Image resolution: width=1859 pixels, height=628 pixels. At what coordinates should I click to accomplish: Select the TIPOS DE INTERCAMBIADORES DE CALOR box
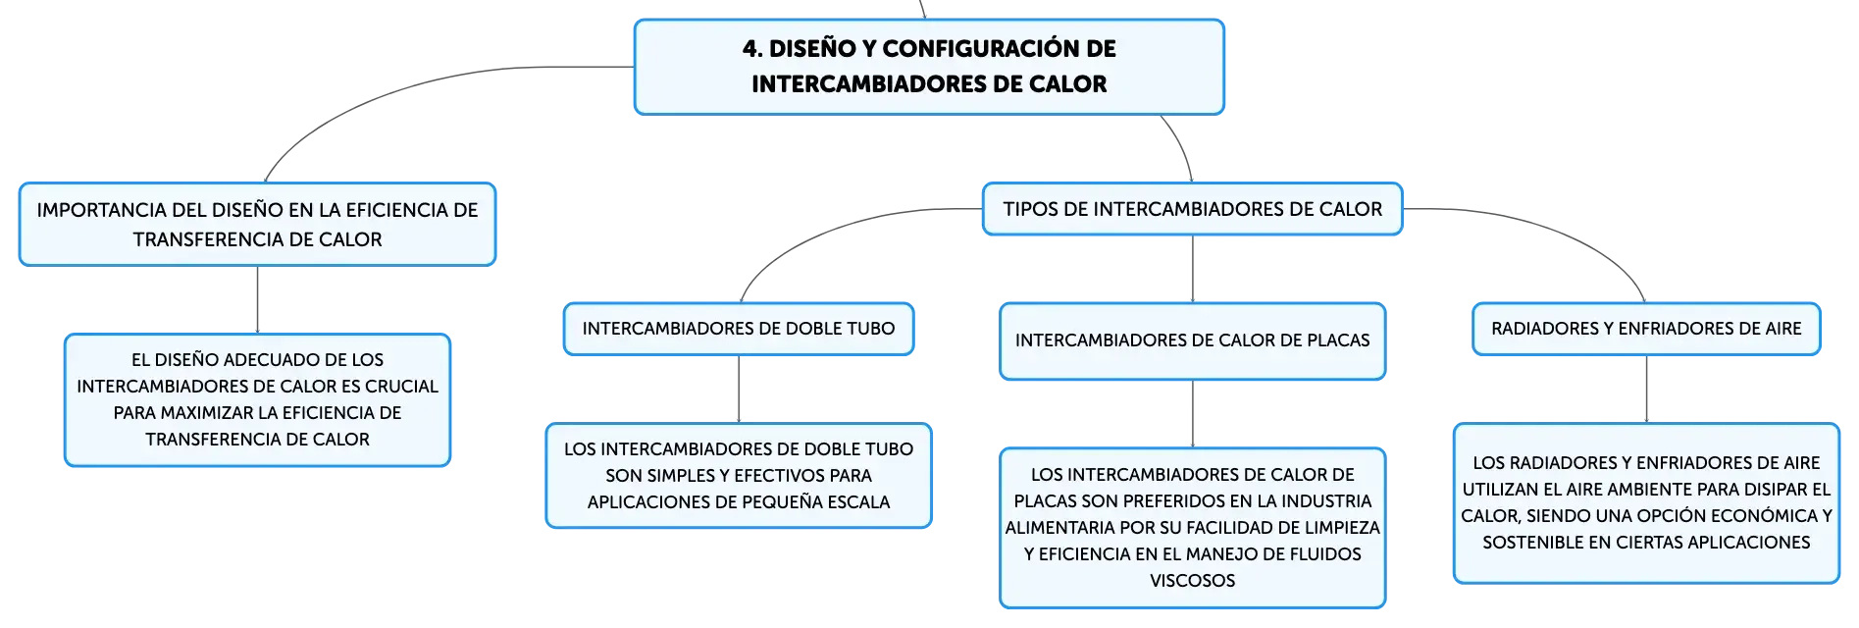pyautogui.click(x=1192, y=209)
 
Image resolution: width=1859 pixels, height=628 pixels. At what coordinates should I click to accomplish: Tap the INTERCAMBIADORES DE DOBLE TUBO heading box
pyautogui.click(x=739, y=329)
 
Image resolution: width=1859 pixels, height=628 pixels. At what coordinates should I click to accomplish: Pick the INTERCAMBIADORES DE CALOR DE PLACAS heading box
pyautogui.click(x=1192, y=340)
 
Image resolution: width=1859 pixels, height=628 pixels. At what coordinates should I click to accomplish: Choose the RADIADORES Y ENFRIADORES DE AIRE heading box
pyautogui.click(x=1646, y=329)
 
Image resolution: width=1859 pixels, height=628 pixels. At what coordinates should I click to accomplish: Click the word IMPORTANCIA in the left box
pyautogui.click(x=101, y=210)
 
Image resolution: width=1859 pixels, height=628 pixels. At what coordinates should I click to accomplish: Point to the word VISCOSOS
pyautogui.click(x=1192, y=581)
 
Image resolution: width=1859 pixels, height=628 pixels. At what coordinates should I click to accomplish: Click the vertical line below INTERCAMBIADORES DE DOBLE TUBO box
pyautogui.click(x=739, y=389)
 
